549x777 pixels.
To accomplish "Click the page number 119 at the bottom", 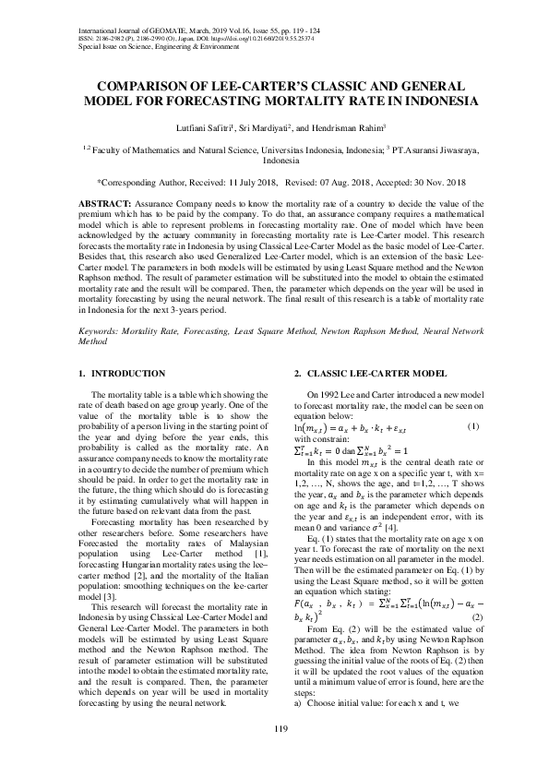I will coord(274,732).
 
